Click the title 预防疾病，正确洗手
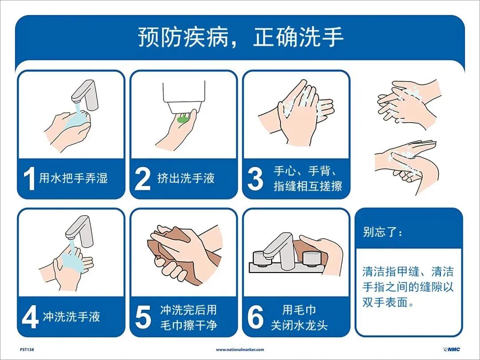[240, 38]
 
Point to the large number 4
[30, 317]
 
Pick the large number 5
[143, 317]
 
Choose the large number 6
[256, 317]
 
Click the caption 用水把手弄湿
[73, 179]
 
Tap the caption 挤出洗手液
[186, 179]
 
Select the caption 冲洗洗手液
[71, 317]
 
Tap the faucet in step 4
[80, 230]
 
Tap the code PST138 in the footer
[27, 350]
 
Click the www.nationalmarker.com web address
[240, 350]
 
